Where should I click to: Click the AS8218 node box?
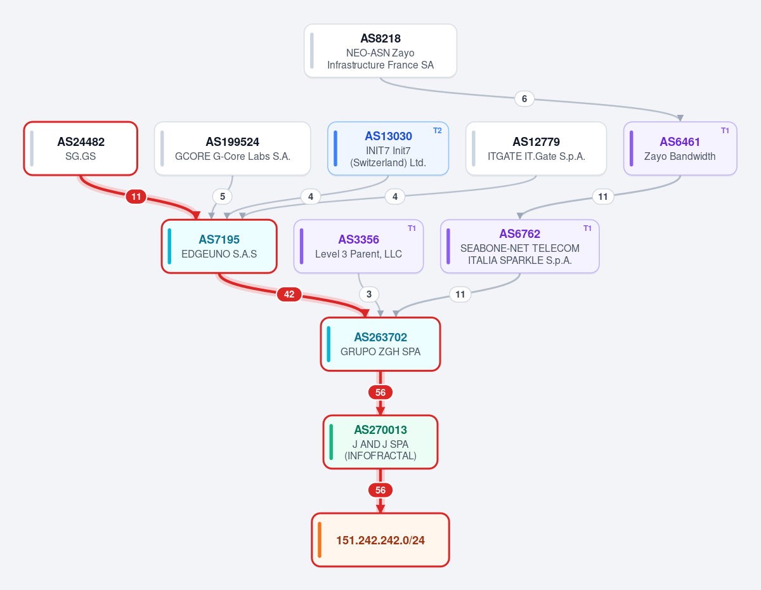(380, 51)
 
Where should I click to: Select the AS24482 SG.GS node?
(81, 148)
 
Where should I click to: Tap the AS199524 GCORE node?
(232, 148)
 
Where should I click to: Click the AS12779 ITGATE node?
(536, 148)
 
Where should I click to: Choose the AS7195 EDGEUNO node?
(219, 246)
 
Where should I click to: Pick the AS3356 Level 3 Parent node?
(358, 246)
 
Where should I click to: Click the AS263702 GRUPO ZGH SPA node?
(380, 344)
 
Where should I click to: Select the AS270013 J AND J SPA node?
(380, 442)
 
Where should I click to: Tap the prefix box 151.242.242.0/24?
(380, 540)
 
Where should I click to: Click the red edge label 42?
(289, 294)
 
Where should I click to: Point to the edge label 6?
(524, 99)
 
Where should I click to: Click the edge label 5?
(223, 197)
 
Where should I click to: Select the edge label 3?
(369, 294)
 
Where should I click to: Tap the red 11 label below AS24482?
(136, 197)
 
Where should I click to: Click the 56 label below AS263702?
(380, 393)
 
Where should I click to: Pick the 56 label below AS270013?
(380, 490)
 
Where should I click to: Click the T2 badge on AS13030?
(438, 131)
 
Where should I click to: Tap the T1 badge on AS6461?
(725, 131)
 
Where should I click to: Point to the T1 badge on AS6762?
(587, 228)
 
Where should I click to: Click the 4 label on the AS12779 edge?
(395, 197)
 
